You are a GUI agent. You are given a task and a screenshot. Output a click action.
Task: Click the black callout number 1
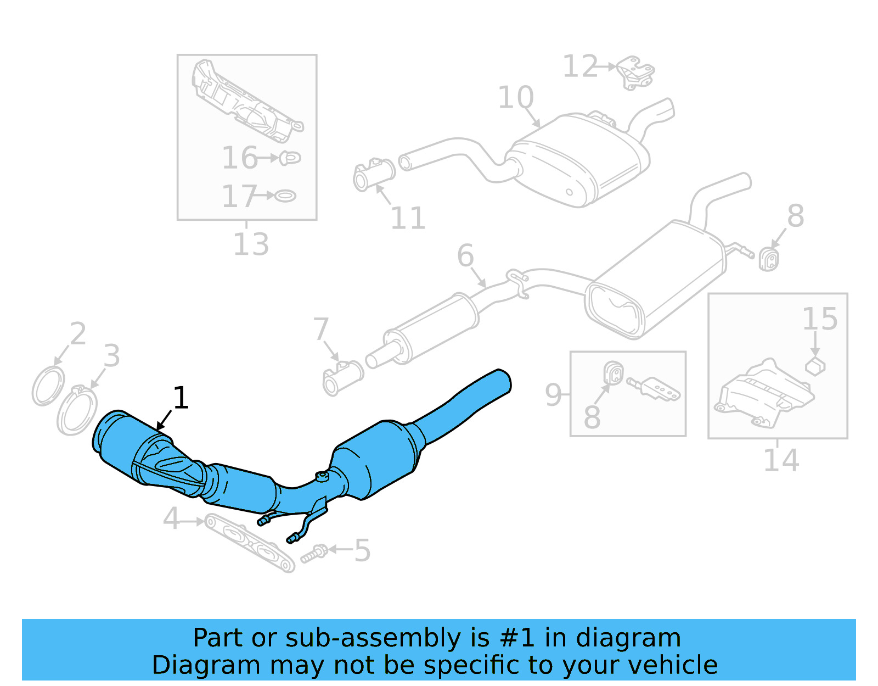(181, 398)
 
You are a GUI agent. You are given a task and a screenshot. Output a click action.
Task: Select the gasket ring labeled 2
(48, 387)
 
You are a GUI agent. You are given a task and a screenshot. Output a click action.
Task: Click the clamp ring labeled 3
(77, 412)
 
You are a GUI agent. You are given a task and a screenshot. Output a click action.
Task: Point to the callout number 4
(171, 518)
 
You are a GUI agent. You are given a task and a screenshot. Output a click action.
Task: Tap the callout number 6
(465, 255)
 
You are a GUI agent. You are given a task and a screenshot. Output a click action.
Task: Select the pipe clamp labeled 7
(343, 378)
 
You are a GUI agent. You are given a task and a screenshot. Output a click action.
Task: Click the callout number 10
(515, 98)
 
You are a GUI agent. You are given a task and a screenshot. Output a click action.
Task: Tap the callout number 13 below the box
(251, 244)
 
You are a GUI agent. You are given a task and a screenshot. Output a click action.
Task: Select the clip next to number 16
(291, 158)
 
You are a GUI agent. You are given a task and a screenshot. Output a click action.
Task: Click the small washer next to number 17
(285, 196)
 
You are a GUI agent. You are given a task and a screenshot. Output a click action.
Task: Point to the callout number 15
(820, 319)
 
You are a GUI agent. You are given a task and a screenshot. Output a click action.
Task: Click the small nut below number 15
(815, 366)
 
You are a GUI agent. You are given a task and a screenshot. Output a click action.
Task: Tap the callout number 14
(781, 460)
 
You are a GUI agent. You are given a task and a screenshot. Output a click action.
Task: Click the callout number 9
(553, 394)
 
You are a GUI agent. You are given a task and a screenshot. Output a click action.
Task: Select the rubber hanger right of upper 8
(769, 259)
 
